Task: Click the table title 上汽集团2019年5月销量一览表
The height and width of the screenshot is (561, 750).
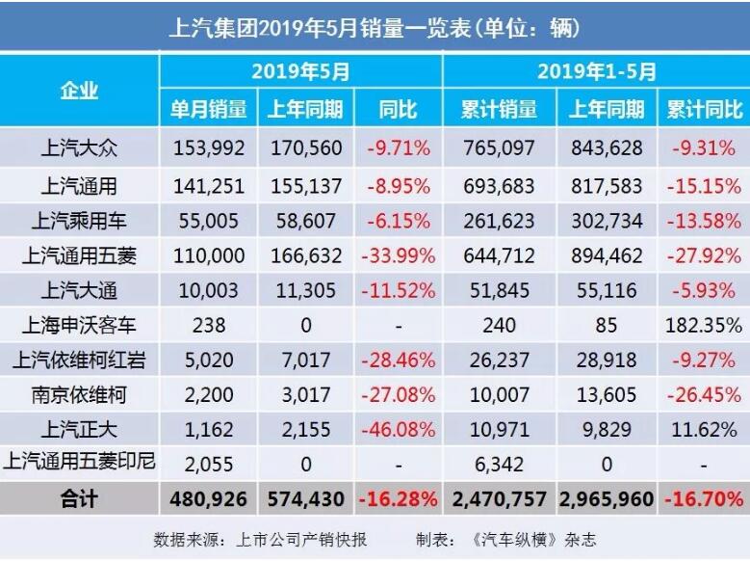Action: tap(375, 26)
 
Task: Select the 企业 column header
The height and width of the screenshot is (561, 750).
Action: tap(79, 91)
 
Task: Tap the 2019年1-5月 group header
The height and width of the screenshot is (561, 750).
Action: tap(597, 71)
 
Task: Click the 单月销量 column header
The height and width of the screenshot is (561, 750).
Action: tap(208, 109)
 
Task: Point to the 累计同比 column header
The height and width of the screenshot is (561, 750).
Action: tap(704, 109)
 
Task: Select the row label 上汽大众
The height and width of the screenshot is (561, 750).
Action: tap(79, 148)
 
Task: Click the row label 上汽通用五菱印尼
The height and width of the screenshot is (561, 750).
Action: tap(79, 463)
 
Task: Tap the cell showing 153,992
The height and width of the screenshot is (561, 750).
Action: tap(209, 148)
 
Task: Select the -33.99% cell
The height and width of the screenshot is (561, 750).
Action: tap(398, 255)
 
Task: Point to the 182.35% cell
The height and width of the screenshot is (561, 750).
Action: tap(704, 325)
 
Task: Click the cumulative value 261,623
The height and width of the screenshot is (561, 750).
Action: tap(500, 220)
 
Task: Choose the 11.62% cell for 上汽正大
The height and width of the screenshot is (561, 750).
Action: tap(704, 428)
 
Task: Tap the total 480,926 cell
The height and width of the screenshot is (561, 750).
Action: tap(209, 499)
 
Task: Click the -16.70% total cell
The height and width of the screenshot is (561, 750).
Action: tap(704, 499)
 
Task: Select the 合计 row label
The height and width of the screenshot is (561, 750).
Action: tap(79, 499)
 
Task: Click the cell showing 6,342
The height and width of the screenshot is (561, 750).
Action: tap(500, 463)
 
